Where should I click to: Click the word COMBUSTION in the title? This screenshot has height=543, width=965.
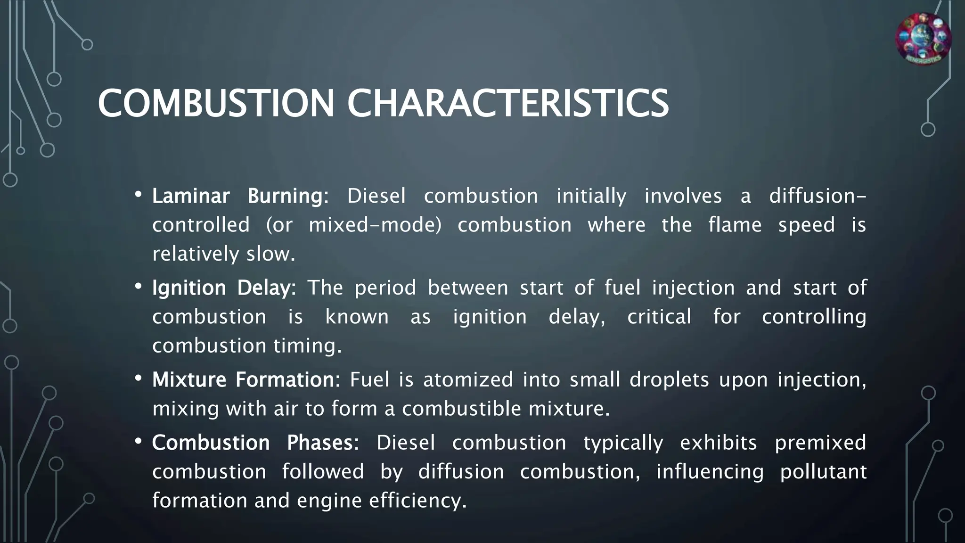point(216,103)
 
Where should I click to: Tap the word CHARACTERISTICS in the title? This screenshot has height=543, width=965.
point(507,103)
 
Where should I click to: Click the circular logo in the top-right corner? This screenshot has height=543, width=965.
point(923,39)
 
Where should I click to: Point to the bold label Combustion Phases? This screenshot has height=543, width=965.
point(255,443)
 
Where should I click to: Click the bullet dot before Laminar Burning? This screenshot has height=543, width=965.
point(138,194)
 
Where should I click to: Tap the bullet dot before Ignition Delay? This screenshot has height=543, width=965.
point(138,286)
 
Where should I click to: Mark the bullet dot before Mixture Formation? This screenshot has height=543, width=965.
point(138,378)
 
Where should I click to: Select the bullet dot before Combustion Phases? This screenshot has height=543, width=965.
point(138,441)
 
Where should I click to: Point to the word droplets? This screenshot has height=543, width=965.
point(669,380)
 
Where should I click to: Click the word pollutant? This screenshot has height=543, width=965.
point(823,472)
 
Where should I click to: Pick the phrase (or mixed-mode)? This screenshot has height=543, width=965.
point(354,225)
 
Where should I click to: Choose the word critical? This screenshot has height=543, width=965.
point(659,317)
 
